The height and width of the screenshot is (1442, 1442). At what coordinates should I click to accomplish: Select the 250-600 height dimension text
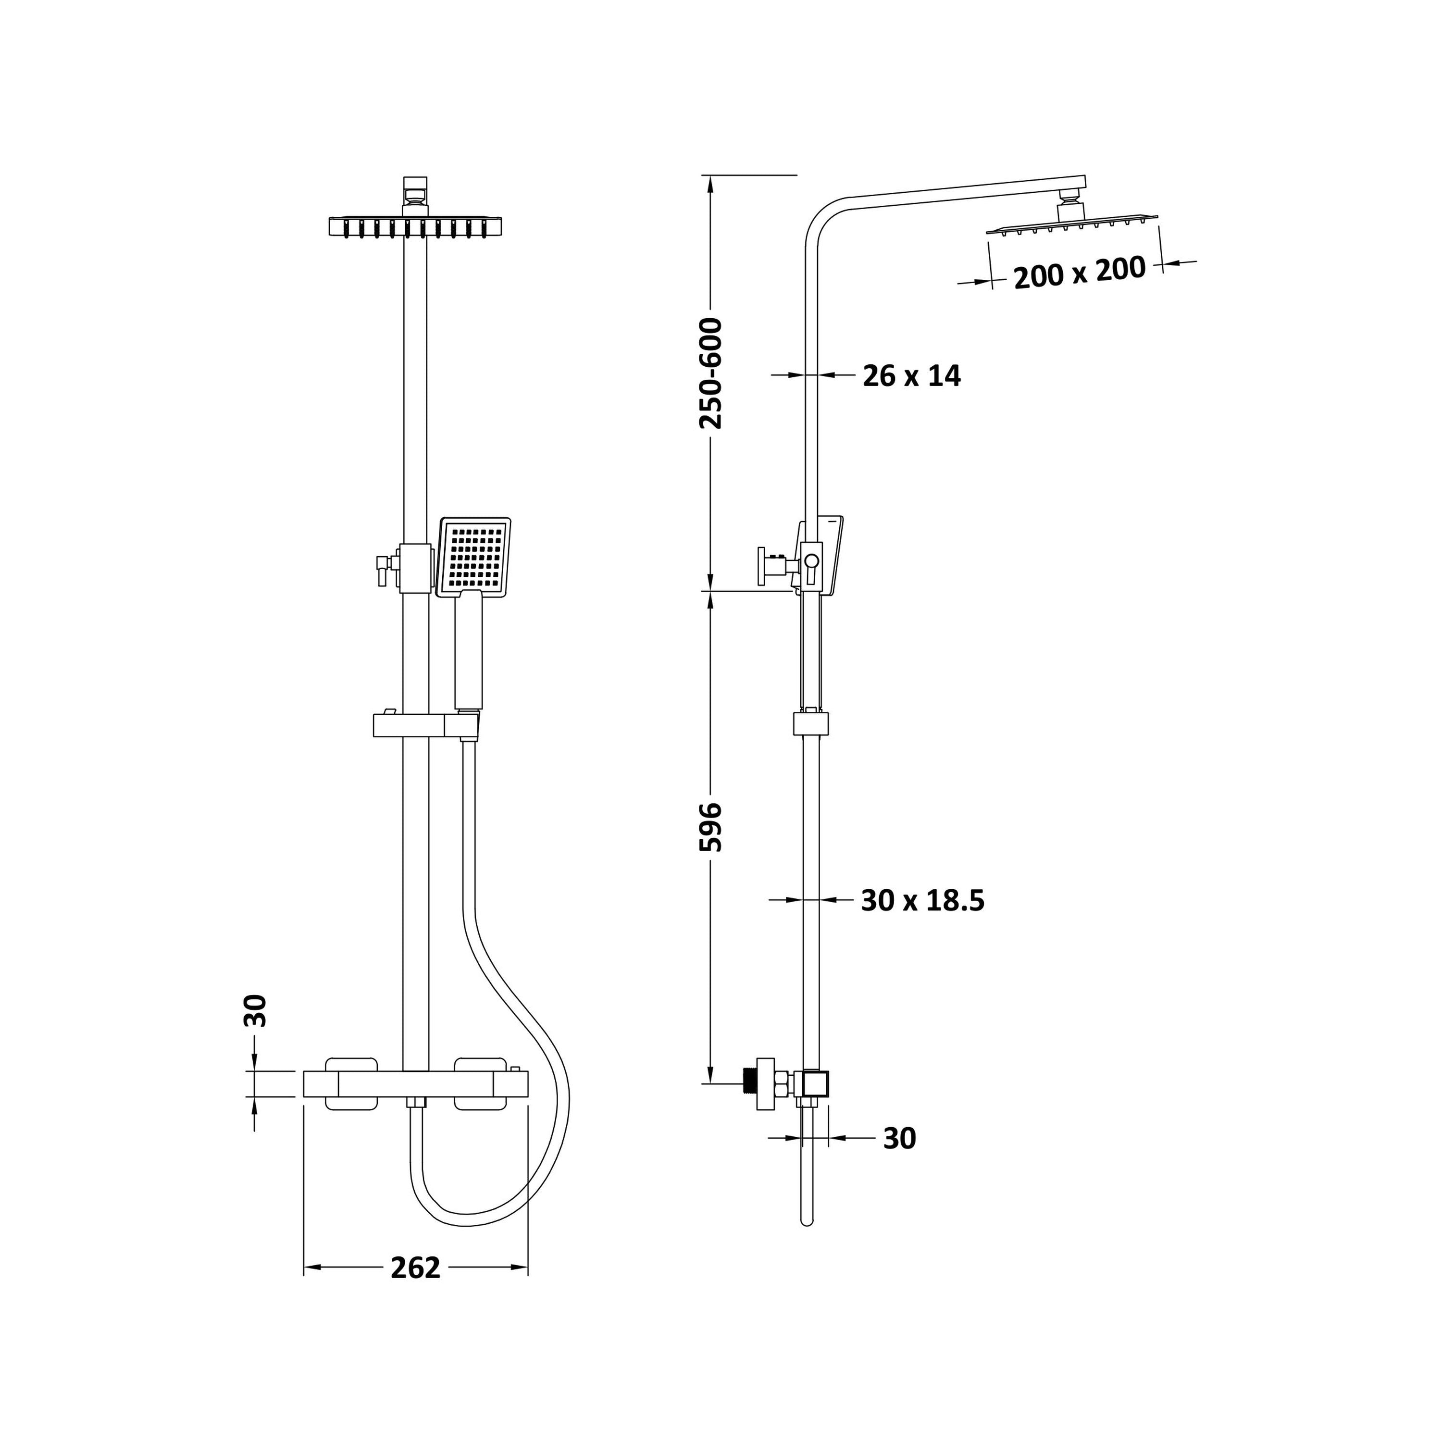(710, 373)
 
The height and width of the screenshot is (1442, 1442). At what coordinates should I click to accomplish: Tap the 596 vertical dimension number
(710, 827)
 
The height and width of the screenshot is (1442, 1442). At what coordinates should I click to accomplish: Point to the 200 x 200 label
(1079, 273)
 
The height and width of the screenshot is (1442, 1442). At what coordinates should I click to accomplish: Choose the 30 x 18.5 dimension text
(922, 900)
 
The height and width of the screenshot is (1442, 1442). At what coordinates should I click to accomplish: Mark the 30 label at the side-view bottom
(899, 1138)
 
